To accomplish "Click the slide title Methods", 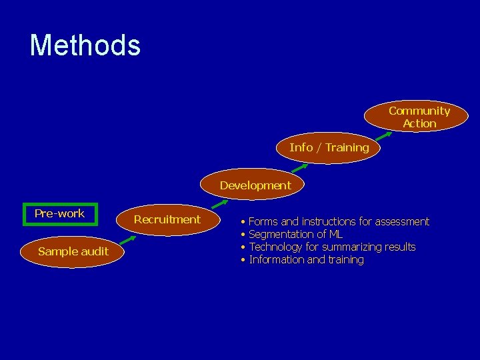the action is (85, 45).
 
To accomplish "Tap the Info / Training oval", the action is (329, 147).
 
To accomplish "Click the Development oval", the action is (255, 185).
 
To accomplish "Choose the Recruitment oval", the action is (167, 219).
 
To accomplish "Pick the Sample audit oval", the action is (73, 251).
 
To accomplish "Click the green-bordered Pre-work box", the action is (60, 214).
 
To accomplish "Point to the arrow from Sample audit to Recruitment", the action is (132, 240).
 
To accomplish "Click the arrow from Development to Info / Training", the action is (297, 167).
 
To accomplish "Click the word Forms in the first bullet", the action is (263, 221).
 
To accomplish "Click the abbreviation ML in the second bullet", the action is (336, 234).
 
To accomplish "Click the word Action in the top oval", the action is (419, 123).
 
